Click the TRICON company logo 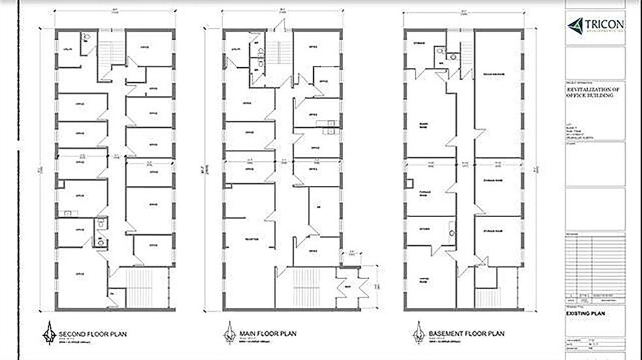point(594,25)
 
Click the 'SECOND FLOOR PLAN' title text point(93,335)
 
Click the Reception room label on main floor point(251,239)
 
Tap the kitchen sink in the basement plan point(451,230)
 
